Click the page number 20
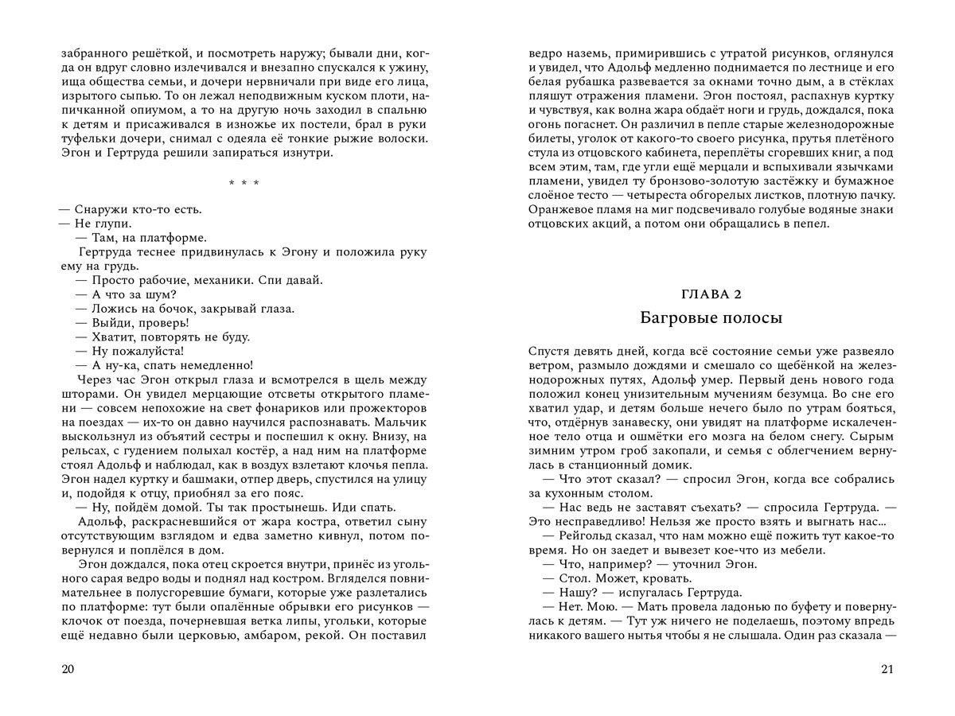pyautogui.click(x=67, y=669)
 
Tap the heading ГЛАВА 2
pyautogui.click(x=711, y=295)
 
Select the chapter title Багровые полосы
pyautogui.click(x=711, y=318)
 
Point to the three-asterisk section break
pyautogui.click(x=244, y=184)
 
